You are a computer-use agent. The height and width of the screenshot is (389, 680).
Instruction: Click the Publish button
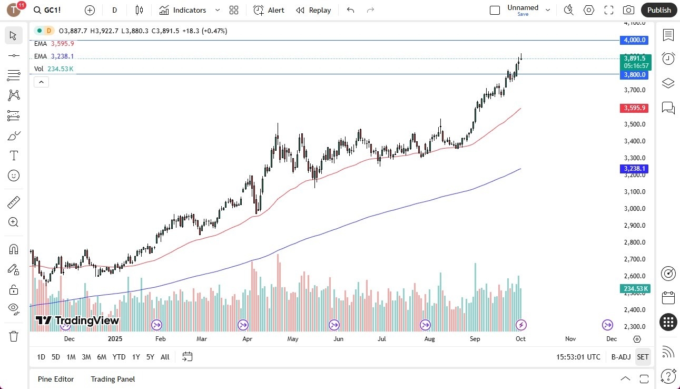click(x=659, y=10)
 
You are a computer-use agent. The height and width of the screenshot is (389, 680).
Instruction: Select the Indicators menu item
click(x=183, y=10)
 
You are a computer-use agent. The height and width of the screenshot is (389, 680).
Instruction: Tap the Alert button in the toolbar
click(x=269, y=10)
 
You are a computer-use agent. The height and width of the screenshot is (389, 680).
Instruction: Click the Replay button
click(x=313, y=10)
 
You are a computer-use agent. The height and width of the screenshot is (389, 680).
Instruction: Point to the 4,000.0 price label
click(x=635, y=40)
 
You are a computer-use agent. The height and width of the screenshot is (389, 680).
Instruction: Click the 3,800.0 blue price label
click(x=635, y=75)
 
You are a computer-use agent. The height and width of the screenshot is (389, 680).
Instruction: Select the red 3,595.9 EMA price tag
click(x=635, y=108)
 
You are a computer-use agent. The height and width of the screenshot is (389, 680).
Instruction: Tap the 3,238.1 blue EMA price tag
click(x=635, y=169)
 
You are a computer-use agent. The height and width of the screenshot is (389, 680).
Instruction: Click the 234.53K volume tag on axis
click(x=635, y=288)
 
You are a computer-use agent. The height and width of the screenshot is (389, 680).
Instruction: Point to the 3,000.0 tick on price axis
click(x=635, y=209)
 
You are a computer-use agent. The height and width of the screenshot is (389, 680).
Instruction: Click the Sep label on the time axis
click(x=475, y=339)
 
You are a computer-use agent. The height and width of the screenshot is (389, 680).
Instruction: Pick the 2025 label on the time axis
click(x=114, y=339)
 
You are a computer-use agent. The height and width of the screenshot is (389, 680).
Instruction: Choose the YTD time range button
click(x=119, y=357)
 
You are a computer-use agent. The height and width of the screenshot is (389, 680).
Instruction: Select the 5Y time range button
click(x=150, y=357)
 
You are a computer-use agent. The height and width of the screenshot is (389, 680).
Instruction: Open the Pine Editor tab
click(x=56, y=379)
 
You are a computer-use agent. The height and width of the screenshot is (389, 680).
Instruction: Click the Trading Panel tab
click(x=113, y=379)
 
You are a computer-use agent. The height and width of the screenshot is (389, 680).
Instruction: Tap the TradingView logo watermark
click(x=77, y=320)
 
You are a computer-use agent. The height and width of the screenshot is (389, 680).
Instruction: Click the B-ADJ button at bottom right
click(x=621, y=357)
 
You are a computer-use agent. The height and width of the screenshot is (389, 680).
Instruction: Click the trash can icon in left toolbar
click(x=14, y=336)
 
